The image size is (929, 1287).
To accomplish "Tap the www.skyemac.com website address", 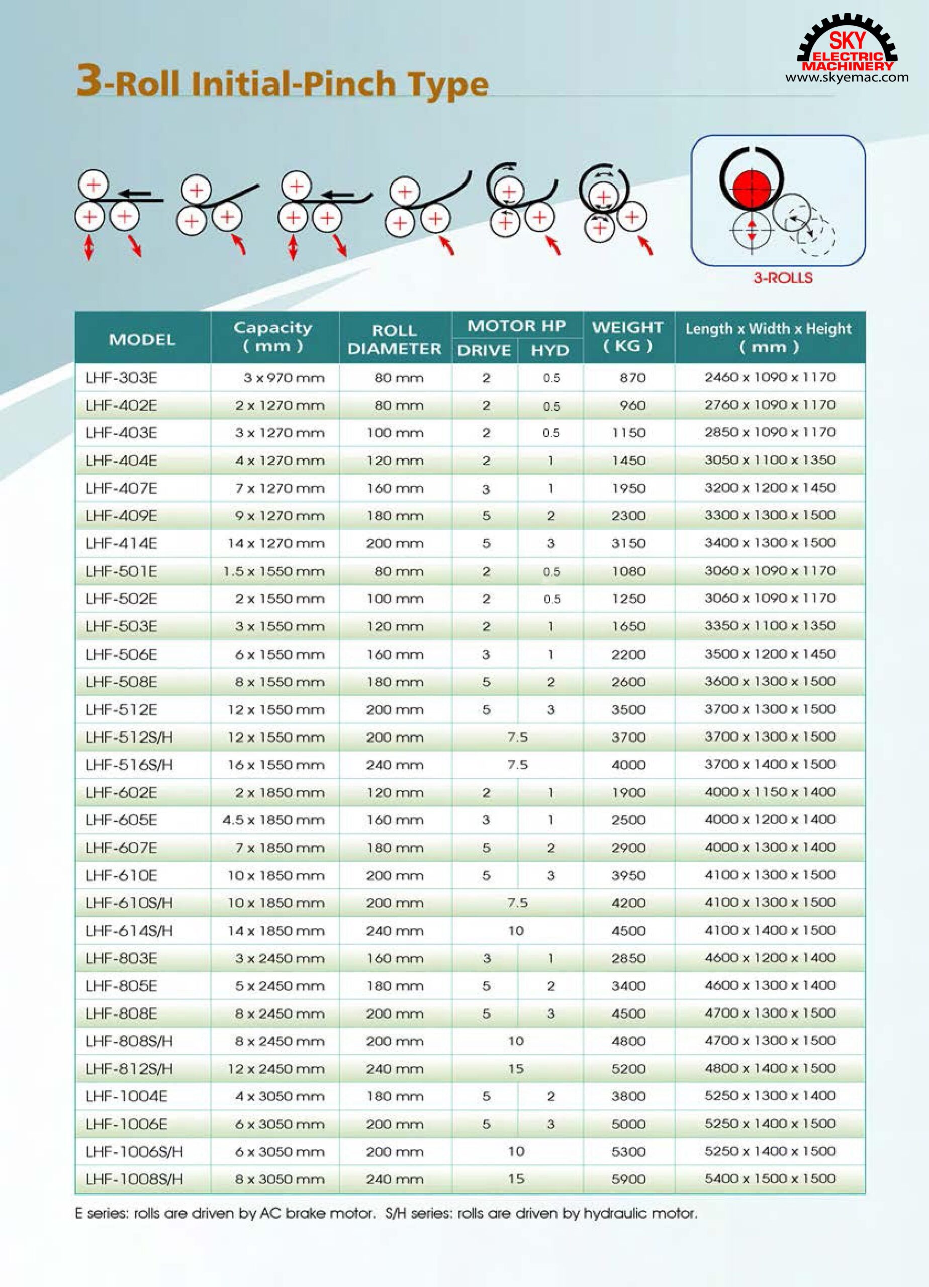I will pos(847,78).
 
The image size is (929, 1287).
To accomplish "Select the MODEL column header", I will pos(142,339).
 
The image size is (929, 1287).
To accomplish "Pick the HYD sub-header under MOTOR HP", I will pos(549,351).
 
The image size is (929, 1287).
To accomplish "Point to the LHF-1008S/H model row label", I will pos(135,1179).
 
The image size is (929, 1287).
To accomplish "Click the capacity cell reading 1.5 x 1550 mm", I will pos(273,572).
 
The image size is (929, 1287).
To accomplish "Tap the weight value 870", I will pos(632,378).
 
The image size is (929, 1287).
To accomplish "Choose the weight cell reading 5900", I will pos(628,1179).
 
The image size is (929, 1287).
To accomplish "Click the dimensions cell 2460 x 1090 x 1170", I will pos(770,377).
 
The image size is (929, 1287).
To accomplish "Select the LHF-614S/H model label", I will pos(129,931).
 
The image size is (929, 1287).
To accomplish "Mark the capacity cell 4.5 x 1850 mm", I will pos(273,820).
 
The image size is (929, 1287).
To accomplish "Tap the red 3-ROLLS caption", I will pos(783,278).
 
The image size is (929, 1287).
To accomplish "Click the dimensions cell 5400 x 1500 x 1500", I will pos(770,1178).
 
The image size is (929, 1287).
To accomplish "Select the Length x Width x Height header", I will pos(769,337).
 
